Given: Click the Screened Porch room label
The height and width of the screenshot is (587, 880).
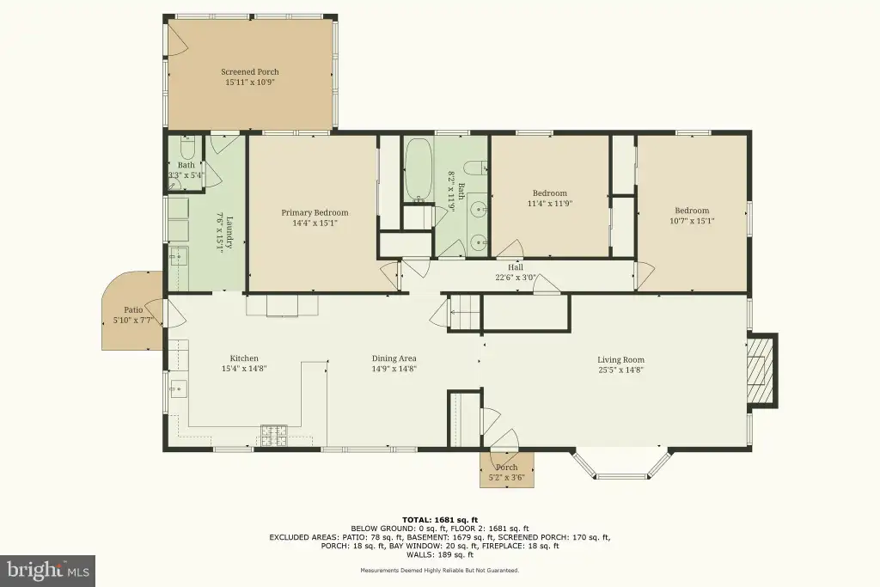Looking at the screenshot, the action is tap(250, 72).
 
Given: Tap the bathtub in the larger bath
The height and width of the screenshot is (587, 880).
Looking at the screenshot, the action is tap(419, 170).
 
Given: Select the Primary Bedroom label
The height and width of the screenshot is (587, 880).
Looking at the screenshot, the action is tap(315, 212).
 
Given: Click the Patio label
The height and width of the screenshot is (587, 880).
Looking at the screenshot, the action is tap(133, 309).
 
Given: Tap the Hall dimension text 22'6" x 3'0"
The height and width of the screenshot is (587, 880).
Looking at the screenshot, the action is tap(516, 278).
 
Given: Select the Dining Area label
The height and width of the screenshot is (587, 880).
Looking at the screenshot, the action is tap(394, 358).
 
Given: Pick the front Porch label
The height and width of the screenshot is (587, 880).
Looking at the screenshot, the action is tap(507, 468).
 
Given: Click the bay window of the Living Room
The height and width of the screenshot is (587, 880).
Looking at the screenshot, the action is tap(620, 465).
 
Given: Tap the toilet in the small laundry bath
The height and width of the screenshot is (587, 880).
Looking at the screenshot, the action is tap(186, 150).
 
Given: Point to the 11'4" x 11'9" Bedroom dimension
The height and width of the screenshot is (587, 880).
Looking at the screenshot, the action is tap(550, 204).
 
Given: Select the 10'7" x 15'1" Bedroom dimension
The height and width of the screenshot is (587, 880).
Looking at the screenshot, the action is tap(692, 221).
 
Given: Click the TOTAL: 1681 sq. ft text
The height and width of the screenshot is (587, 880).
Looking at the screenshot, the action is tap(440, 520).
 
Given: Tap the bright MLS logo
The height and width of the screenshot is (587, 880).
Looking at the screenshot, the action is tap(48, 571).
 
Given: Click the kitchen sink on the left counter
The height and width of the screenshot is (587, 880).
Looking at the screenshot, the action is tap(179, 388).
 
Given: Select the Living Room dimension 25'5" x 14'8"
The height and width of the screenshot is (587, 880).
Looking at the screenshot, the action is tap(620, 370).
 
